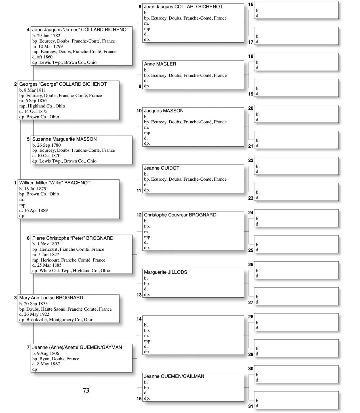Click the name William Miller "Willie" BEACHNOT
[55, 183]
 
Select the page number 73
[86, 390]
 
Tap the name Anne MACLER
[160, 64]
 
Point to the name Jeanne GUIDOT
[161, 168]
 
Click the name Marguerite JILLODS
[165, 272]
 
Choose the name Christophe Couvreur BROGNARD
[180, 215]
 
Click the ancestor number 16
[251, 4]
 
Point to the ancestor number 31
[251, 406]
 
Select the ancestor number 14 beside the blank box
[139, 319]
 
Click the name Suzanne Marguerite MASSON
[64, 139]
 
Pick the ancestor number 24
[251, 213]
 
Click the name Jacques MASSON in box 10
[163, 111]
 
